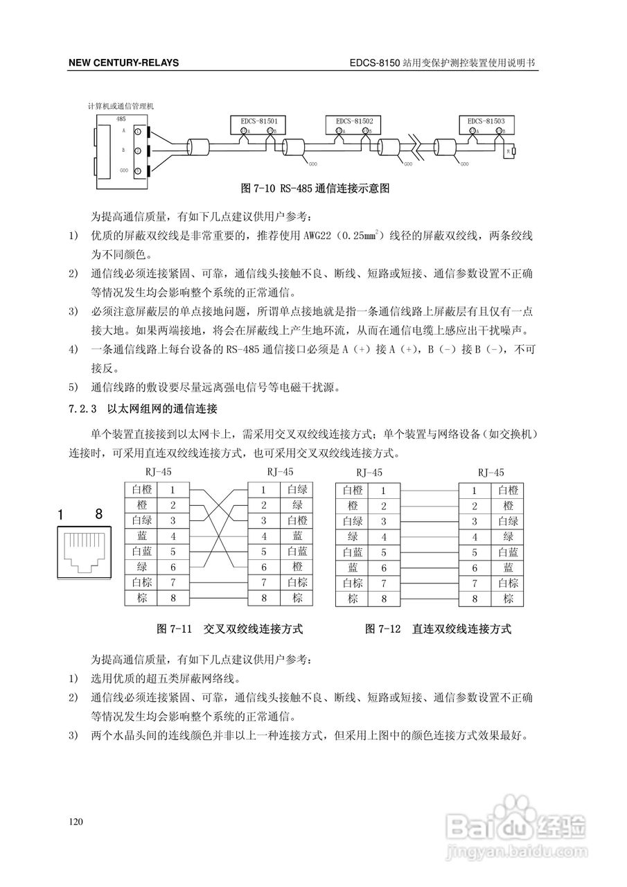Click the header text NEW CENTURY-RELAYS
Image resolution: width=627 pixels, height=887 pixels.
[x=123, y=62]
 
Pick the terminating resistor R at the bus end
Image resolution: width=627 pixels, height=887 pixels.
[x=513, y=150]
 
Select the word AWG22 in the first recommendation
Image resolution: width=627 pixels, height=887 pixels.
[x=315, y=236]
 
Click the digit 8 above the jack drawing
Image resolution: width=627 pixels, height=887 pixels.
[x=98, y=514]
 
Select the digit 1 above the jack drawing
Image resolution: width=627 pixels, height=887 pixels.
[x=61, y=514]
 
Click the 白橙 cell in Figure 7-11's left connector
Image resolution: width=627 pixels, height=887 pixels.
[x=141, y=490]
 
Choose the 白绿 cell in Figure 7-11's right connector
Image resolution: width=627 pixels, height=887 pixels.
[x=297, y=489]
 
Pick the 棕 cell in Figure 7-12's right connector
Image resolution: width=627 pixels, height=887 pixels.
[x=508, y=599]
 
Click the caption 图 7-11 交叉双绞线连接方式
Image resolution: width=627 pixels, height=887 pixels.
[x=231, y=629]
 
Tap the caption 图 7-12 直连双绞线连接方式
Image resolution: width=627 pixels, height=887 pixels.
[x=438, y=629]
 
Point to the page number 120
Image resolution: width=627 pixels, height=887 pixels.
[x=76, y=822]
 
